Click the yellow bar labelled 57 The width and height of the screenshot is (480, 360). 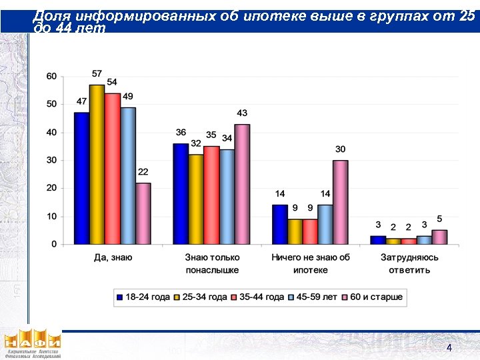(97, 164)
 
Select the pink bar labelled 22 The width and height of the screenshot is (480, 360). (143, 213)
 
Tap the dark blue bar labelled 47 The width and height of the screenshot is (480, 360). (81, 178)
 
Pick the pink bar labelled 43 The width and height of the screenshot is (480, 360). (242, 184)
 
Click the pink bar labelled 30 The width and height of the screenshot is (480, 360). (340, 202)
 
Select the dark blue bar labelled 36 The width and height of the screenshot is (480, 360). (180, 193)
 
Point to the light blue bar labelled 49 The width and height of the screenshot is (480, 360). (127, 175)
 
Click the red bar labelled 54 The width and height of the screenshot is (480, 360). (112, 168)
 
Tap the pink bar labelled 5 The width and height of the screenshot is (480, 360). (439, 237)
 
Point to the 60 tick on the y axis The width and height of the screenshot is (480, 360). (51, 76)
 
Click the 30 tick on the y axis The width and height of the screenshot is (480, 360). (51, 160)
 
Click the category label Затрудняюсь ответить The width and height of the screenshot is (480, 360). (409, 263)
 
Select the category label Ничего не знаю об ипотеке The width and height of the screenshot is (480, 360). (311, 263)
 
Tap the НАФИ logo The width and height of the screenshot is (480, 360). (32, 343)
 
